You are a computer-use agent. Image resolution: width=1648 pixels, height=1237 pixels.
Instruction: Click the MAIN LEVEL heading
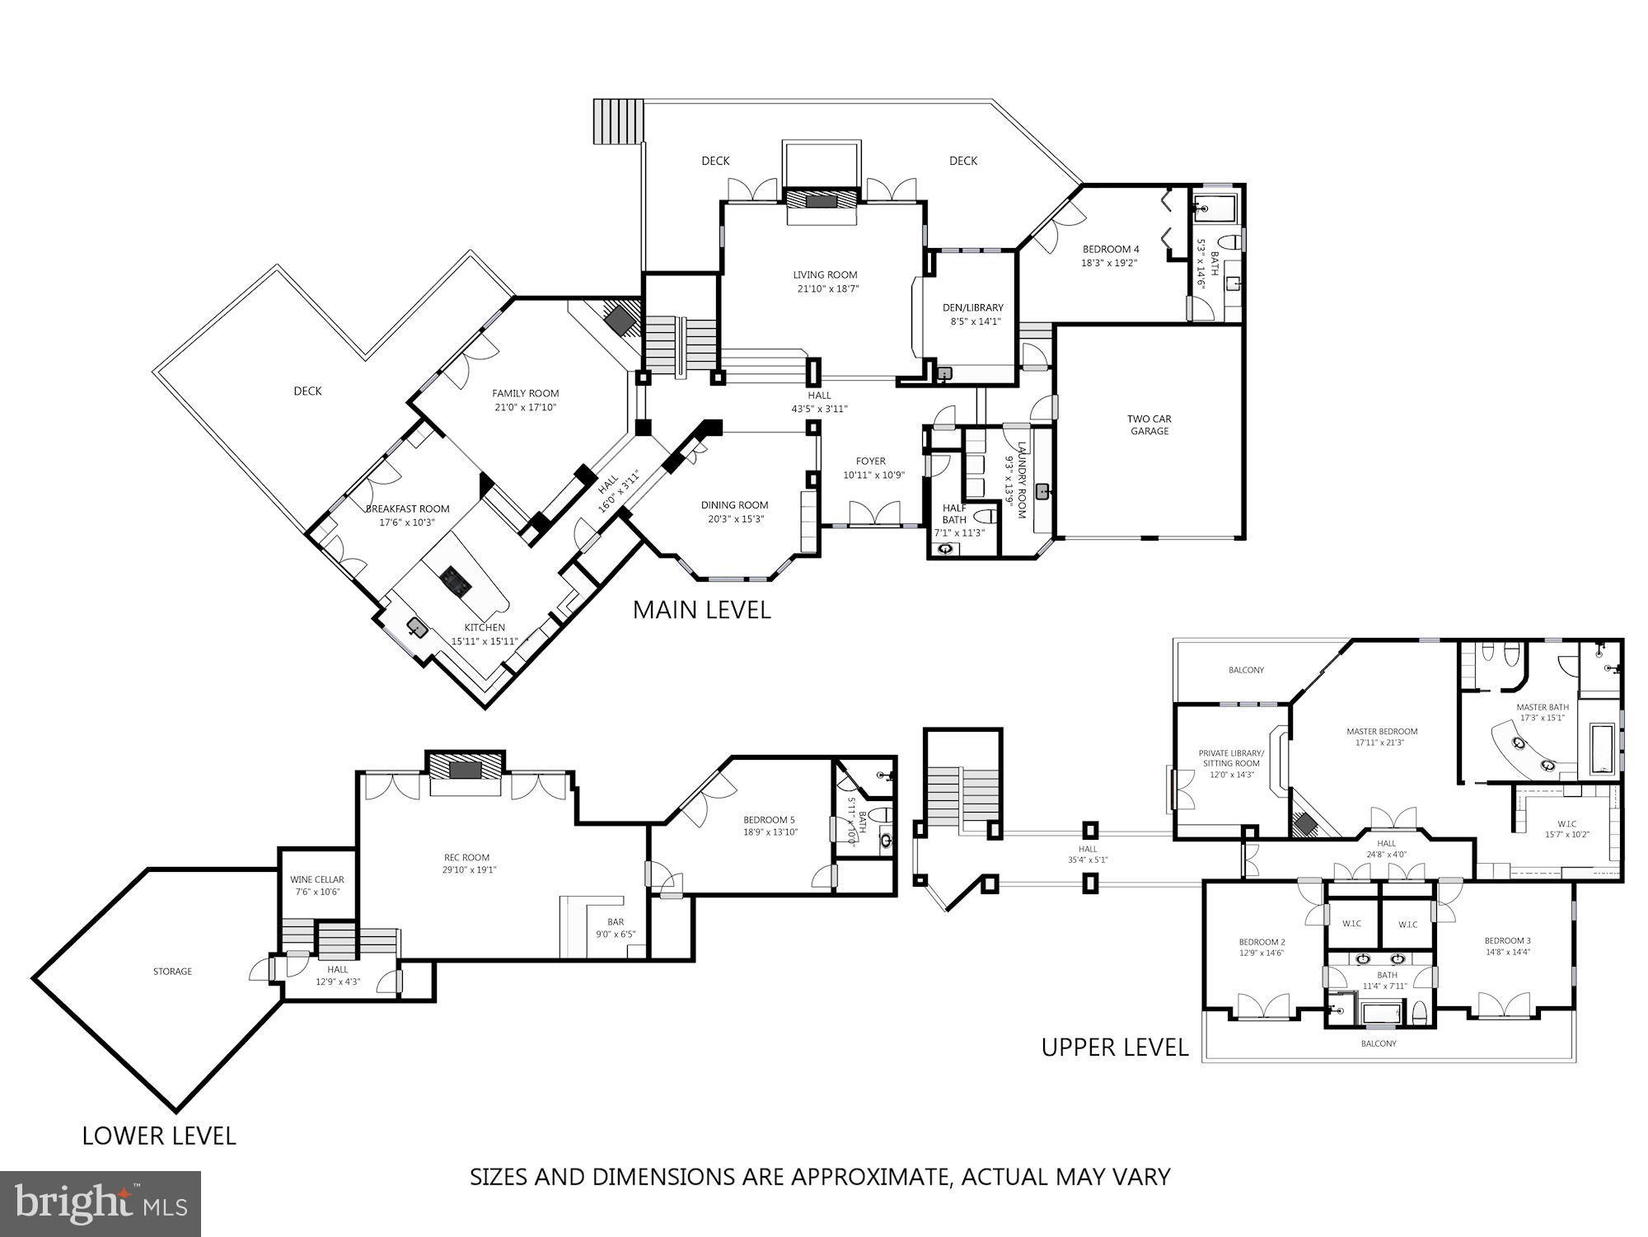[701, 610]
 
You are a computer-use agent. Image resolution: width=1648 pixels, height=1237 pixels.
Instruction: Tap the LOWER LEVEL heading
[159, 1136]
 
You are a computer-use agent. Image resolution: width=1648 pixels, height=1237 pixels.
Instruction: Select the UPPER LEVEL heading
[1115, 1047]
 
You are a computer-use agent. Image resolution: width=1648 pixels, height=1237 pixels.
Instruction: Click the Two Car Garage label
[1149, 424]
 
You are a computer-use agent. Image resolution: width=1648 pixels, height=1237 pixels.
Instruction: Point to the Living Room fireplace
[820, 200]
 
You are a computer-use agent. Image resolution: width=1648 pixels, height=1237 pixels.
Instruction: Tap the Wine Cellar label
[317, 880]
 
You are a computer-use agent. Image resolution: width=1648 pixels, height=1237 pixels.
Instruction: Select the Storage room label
[172, 972]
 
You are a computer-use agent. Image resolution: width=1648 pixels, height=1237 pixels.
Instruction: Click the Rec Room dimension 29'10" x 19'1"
[466, 869]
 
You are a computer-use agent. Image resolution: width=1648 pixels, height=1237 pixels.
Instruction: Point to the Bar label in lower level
[616, 922]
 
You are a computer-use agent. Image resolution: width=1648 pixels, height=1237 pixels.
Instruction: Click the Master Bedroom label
[1382, 731]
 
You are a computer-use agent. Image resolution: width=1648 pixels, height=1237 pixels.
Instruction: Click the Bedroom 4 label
[1110, 249]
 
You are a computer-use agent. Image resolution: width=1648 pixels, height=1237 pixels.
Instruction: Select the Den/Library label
[972, 307]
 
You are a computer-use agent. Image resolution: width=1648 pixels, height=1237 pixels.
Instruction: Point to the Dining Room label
[734, 505]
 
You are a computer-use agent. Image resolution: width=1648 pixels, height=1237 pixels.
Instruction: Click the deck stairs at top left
[617, 121]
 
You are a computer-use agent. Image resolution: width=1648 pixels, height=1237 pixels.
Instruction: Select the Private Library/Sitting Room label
[1231, 758]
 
